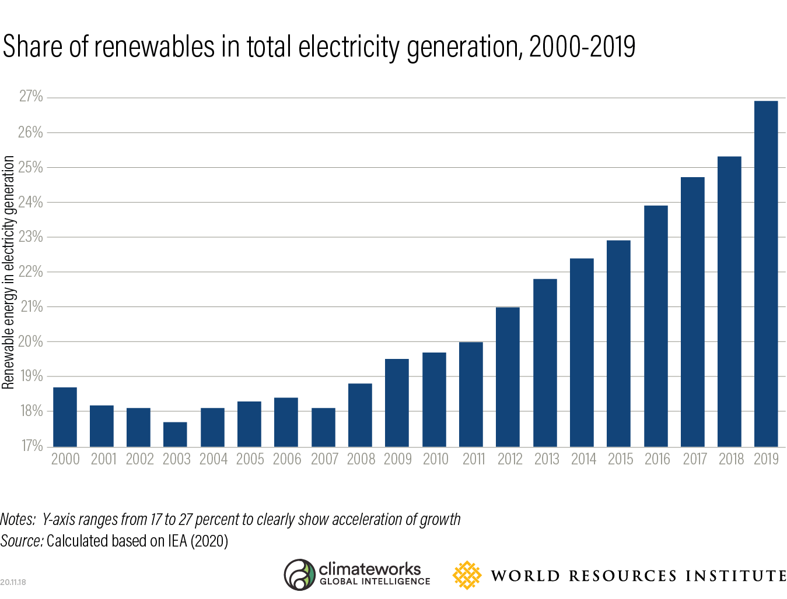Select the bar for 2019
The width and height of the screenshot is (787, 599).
pyautogui.click(x=765, y=274)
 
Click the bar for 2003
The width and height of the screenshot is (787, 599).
pyautogui.click(x=175, y=434)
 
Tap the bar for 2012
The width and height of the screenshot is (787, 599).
pyautogui.click(x=508, y=377)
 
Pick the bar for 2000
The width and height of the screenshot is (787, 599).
pyautogui.click(x=65, y=417)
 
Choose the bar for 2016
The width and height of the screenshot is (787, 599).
pyautogui.click(x=656, y=326)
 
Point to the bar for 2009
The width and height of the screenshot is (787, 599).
pyautogui.click(x=397, y=403)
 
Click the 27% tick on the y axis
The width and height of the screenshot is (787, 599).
pyautogui.click(x=31, y=97)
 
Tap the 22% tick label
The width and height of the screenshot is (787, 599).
pyautogui.click(x=31, y=272)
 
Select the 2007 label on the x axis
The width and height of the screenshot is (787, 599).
pyautogui.click(x=324, y=459)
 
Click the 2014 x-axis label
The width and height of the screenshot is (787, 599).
pyautogui.click(x=583, y=459)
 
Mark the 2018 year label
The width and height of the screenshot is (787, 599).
pyautogui.click(x=731, y=459)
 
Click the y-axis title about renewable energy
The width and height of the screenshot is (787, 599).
pyautogui.click(x=8, y=272)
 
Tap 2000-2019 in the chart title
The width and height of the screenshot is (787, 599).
pyautogui.click(x=582, y=47)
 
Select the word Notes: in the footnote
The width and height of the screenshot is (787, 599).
pyautogui.click(x=18, y=519)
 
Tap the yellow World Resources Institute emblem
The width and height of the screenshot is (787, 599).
pyautogui.click(x=467, y=575)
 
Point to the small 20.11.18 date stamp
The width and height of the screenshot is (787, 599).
pyautogui.click(x=13, y=582)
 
